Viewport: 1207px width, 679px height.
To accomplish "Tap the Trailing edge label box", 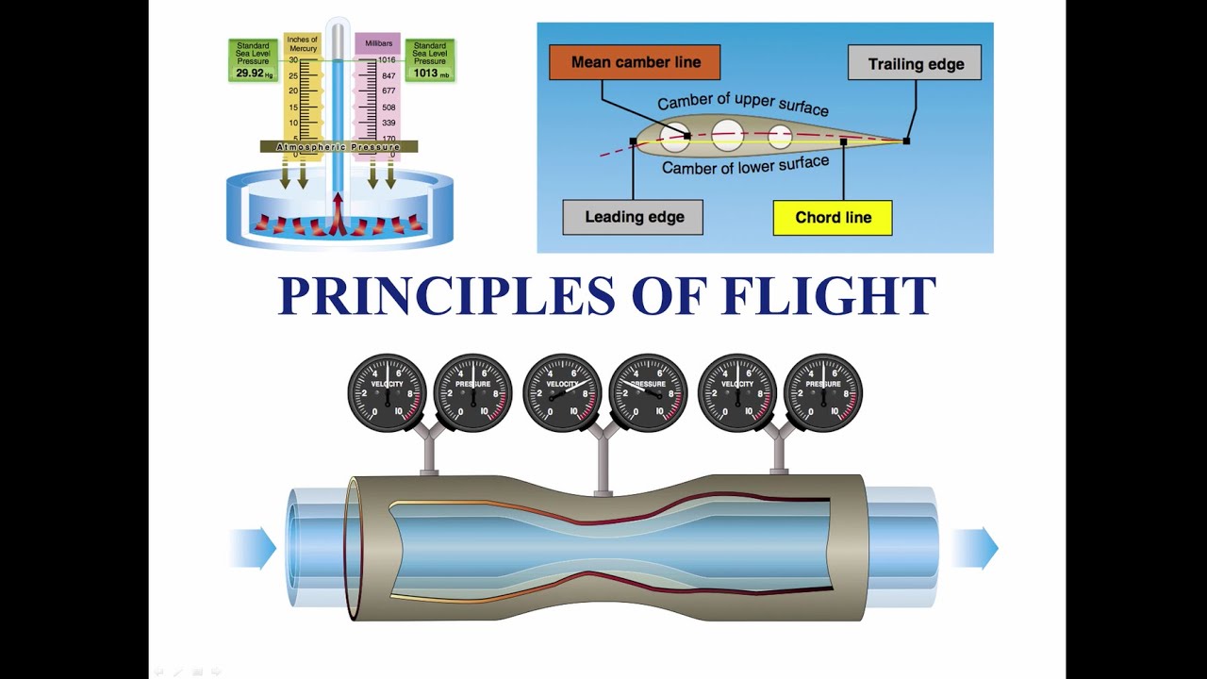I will (x=915, y=64).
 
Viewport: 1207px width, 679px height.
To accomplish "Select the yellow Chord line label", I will (x=833, y=217).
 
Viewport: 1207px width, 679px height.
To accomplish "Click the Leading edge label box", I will (x=633, y=217).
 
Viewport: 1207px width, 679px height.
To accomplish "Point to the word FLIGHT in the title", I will (x=828, y=295).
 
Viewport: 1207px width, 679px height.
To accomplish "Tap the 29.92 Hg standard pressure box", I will (x=253, y=60).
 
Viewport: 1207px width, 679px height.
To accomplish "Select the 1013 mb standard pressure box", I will (x=430, y=60).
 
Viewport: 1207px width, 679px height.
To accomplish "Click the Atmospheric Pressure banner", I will (x=339, y=147).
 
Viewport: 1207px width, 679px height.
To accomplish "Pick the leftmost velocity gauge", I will (x=387, y=393).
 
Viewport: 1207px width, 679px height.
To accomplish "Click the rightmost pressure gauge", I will (x=823, y=393).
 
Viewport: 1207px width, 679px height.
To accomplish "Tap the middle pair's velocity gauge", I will (x=562, y=393).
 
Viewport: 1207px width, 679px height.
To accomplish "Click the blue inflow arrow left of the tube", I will (x=253, y=548).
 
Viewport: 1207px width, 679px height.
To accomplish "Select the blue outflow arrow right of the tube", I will (x=975, y=548).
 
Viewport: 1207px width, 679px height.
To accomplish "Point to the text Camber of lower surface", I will (x=745, y=165).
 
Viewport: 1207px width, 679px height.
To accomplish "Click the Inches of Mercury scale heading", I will (x=303, y=43).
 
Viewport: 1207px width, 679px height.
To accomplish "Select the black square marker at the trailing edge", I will (x=906, y=141).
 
